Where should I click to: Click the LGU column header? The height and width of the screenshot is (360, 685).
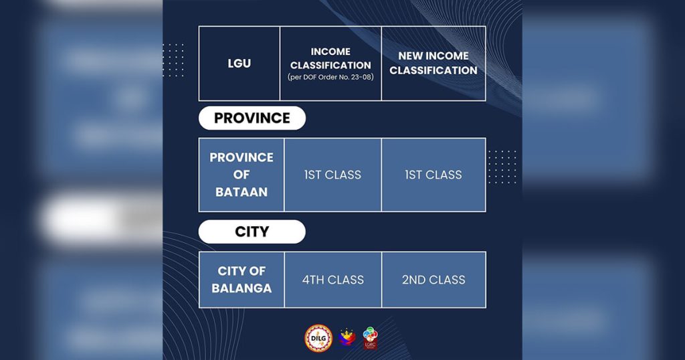[239, 64]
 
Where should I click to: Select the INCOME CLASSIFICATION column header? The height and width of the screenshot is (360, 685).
[330, 59]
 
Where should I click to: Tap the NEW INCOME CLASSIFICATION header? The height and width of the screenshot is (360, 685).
[433, 63]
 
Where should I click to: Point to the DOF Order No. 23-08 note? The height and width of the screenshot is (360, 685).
[330, 78]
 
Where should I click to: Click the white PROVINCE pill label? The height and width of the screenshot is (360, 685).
[252, 118]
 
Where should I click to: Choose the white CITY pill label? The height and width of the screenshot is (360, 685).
[252, 232]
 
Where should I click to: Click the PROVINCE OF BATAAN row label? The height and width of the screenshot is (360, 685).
[241, 175]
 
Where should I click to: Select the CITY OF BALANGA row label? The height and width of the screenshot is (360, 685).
[241, 280]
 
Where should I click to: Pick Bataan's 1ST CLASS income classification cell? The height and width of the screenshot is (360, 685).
[332, 175]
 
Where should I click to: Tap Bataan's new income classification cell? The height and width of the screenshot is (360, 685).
[433, 175]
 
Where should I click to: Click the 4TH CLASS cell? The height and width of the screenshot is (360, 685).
[332, 280]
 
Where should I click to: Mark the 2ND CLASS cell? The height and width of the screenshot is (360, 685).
[433, 280]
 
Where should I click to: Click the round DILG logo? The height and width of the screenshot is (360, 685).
[318, 338]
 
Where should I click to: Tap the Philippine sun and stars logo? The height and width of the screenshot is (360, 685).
[347, 337]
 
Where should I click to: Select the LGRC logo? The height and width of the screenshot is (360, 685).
[370, 338]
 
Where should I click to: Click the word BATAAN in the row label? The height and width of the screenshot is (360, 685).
[241, 192]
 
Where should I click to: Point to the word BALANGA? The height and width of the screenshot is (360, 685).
[241, 289]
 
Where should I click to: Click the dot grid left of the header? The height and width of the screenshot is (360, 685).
[173, 60]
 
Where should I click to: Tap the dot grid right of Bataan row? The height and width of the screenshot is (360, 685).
[502, 166]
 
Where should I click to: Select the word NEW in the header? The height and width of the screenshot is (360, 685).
[411, 56]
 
